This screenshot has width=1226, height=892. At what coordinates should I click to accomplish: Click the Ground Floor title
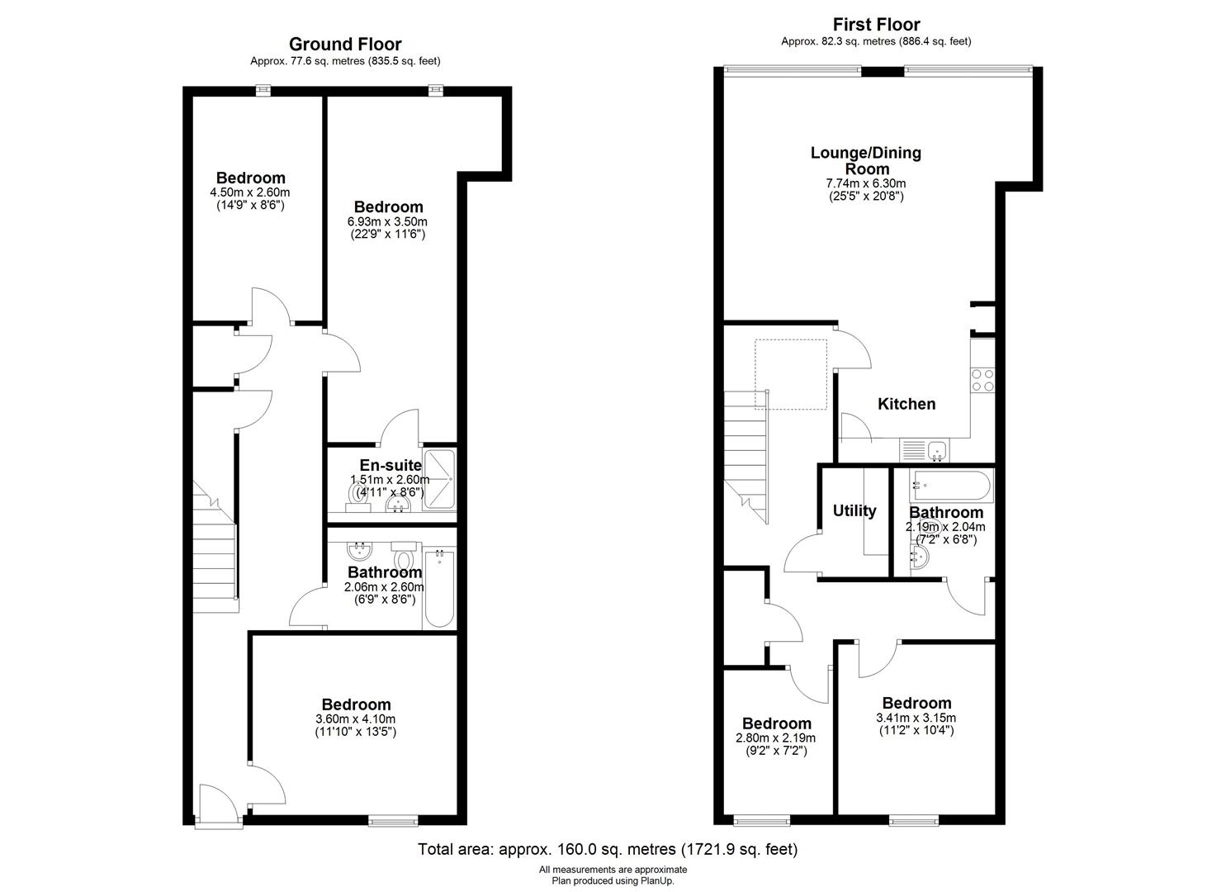click(345, 44)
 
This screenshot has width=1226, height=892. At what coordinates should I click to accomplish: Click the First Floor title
click(876, 24)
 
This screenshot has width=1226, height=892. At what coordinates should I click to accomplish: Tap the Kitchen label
click(906, 404)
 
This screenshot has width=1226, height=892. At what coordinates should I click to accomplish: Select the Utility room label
click(854, 511)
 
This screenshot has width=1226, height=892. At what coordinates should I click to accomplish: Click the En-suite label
click(391, 466)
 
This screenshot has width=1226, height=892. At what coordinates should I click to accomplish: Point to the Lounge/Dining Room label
click(866, 160)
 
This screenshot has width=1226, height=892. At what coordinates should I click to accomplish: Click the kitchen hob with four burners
click(982, 381)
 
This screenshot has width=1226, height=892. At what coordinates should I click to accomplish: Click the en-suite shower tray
click(440, 480)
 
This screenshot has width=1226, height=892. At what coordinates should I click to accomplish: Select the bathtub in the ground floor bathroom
click(439, 589)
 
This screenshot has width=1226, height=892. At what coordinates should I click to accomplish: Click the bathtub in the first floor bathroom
click(951, 486)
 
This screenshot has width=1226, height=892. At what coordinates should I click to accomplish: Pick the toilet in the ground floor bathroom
click(404, 557)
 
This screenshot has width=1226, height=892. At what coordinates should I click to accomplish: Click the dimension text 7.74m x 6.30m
click(866, 183)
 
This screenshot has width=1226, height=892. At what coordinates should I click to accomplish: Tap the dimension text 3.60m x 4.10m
click(355, 719)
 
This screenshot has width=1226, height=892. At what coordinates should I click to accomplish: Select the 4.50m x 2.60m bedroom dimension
click(250, 192)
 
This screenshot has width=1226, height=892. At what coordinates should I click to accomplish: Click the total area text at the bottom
click(608, 849)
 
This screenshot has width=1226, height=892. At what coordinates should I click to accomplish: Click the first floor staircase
click(746, 458)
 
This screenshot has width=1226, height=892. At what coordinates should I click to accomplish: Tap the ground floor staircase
click(215, 547)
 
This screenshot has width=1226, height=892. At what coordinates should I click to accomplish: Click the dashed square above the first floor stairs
click(791, 374)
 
